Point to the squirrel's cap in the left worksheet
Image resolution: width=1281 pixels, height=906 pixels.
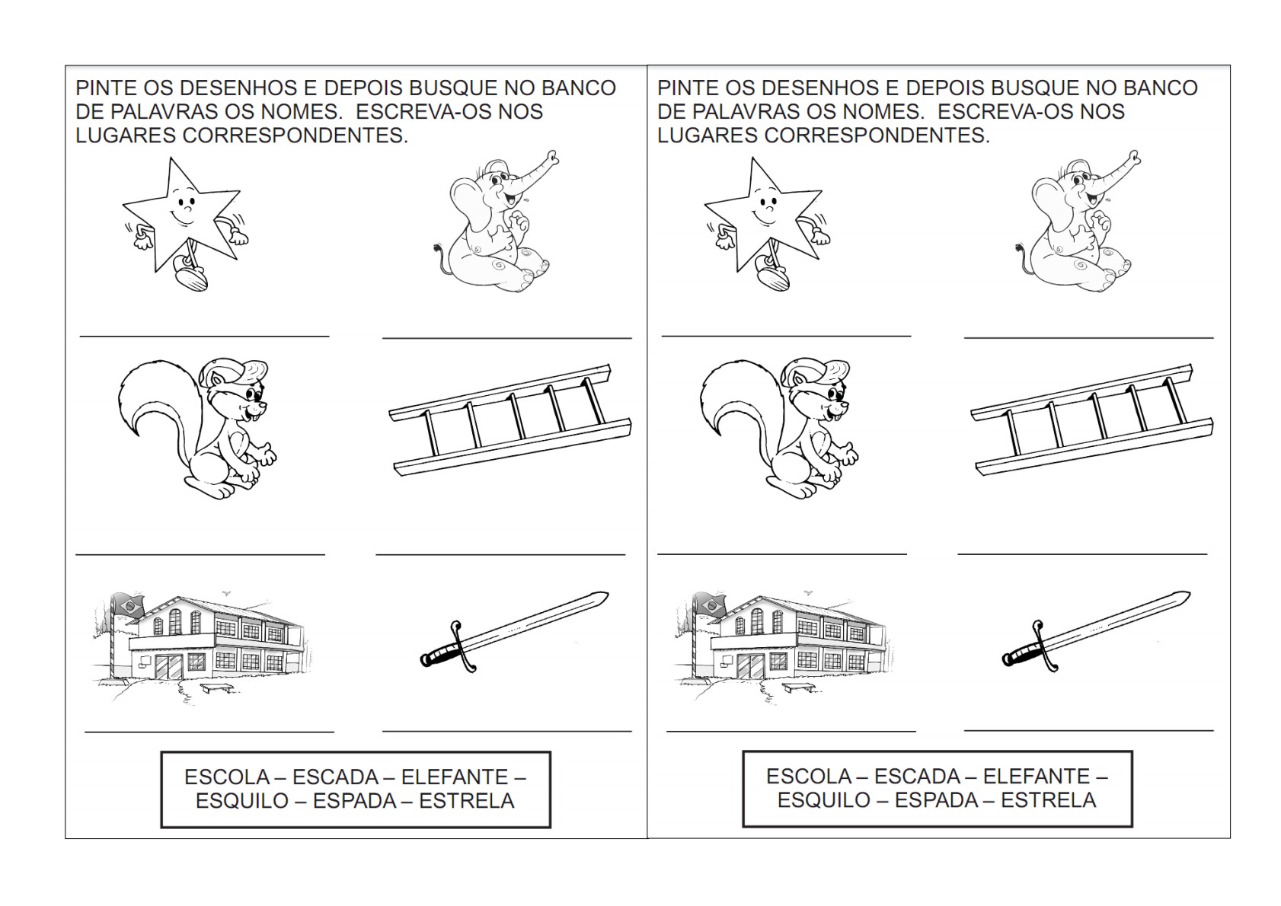[235, 372]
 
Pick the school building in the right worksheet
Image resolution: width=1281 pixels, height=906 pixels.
[781, 649]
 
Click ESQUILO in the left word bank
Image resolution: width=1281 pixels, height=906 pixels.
[242, 801]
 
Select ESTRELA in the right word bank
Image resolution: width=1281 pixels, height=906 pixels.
[1048, 799]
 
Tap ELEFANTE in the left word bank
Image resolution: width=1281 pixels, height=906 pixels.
[455, 777]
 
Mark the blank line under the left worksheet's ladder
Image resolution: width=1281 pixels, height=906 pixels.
[500, 554]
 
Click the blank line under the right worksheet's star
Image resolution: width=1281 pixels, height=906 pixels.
[786, 336]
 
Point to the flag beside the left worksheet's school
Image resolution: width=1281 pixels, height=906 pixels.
[129, 605]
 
